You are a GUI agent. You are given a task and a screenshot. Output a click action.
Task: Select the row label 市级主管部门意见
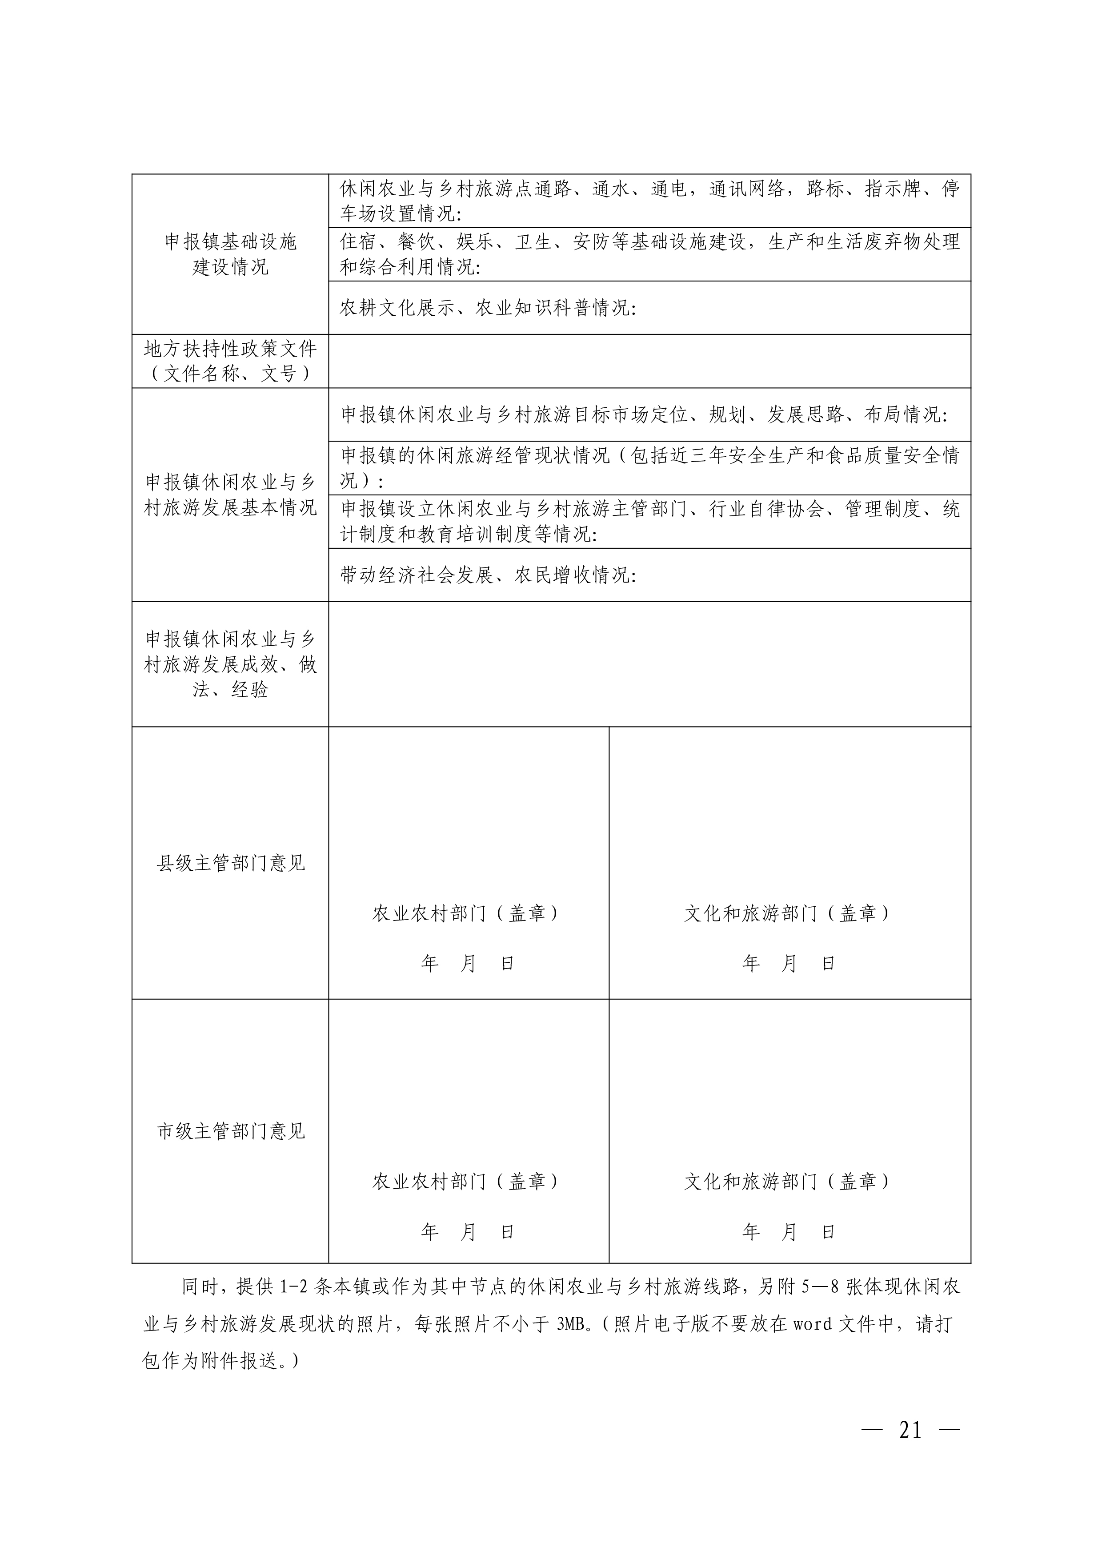tap(231, 1131)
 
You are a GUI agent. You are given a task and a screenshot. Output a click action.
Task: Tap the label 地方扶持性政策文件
tap(230, 349)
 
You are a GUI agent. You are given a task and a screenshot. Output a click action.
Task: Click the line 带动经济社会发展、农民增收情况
tap(488, 575)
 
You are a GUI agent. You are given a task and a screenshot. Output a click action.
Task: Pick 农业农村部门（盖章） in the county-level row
tap(468, 913)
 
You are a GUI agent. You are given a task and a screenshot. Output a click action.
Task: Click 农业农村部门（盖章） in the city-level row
tap(468, 1182)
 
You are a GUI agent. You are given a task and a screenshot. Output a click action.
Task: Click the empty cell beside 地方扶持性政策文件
tap(649, 361)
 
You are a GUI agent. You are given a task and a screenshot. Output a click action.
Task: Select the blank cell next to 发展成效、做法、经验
tap(649, 664)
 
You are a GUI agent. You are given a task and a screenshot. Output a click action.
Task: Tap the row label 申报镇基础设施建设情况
tap(230, 254)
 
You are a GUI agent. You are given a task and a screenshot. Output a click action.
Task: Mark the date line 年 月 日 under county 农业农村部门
tap(468, 964)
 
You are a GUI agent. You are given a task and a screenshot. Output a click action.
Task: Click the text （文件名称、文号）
tap(230, 374)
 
